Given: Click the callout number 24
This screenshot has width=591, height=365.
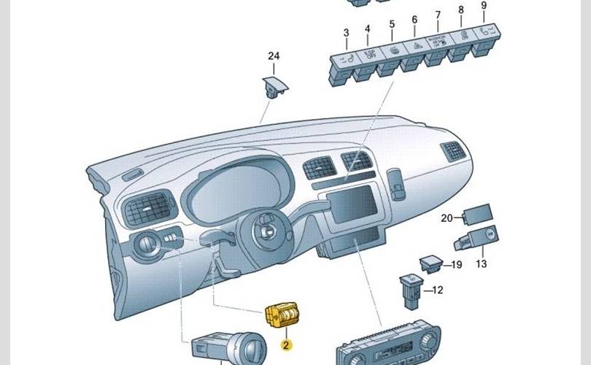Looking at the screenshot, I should [274, 56].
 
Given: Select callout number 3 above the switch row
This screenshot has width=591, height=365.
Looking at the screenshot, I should [346, 33].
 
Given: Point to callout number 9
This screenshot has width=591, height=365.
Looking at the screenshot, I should [483, 6].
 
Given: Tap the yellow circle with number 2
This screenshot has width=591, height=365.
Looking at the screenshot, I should [286, 343].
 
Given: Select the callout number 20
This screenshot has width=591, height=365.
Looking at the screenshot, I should [447, 218].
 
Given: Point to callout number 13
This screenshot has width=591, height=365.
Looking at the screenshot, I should [482, 264].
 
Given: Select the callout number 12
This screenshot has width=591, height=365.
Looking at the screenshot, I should [437, 290].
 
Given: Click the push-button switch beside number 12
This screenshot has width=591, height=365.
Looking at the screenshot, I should [410, 286].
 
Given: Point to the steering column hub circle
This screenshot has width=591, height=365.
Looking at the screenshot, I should [268, 233].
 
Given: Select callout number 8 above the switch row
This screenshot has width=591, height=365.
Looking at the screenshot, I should [460, 10].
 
